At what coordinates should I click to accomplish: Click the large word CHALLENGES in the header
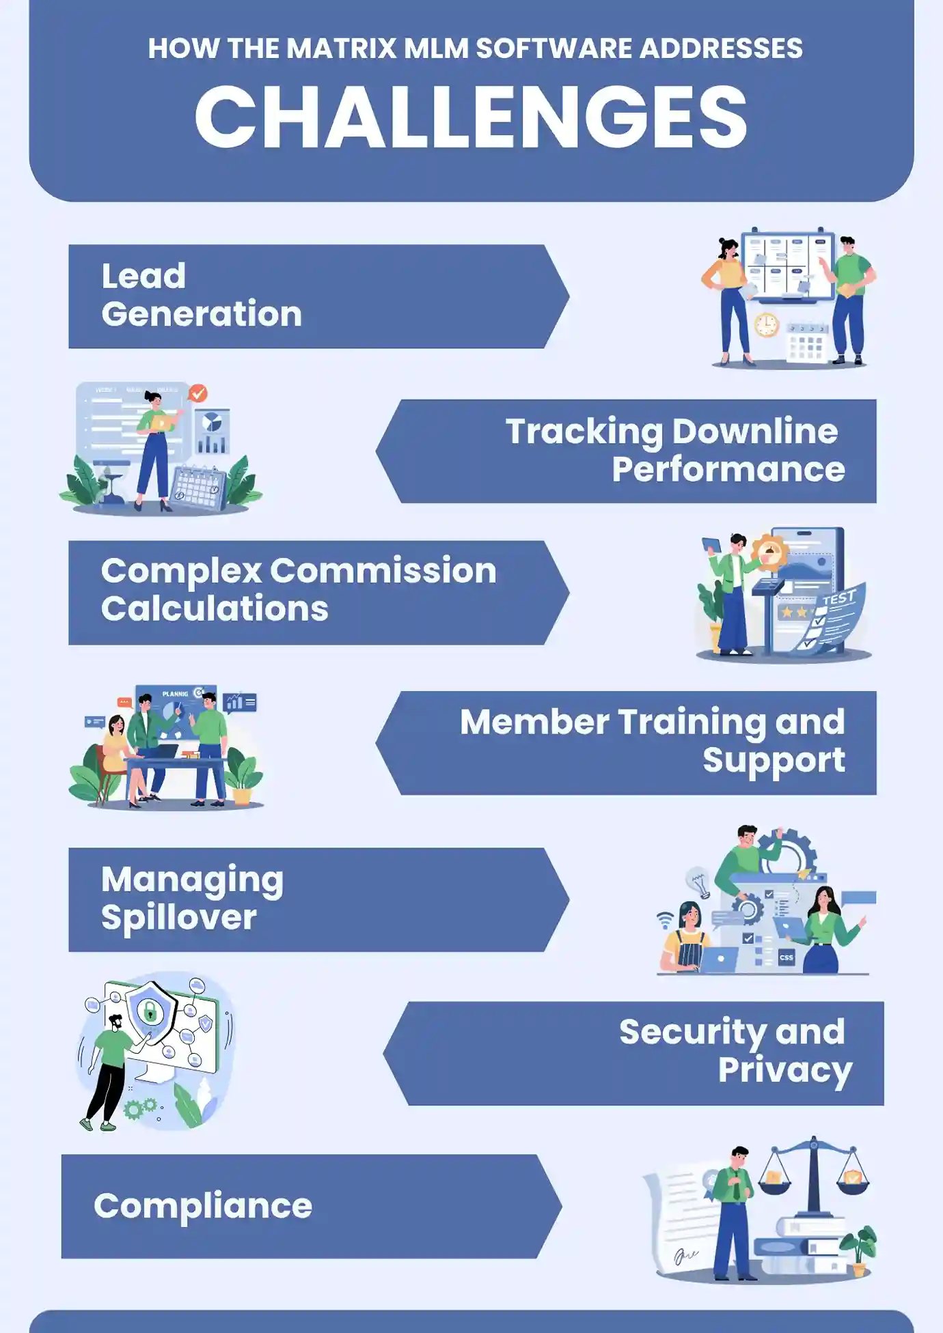click(471, 117)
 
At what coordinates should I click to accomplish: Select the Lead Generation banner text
click(202, 295)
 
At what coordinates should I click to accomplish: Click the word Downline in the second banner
click(754, 432)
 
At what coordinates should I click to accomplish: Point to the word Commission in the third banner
click(383, 571)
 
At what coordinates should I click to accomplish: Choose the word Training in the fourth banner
click(692, 722)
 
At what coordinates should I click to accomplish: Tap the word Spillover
click(179, 917)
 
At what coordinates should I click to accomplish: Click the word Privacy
click(784, 1070)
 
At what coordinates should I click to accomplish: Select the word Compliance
click(203, 1206)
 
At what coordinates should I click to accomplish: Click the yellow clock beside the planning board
click(767, 324)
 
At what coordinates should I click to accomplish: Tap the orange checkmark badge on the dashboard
click(198, 393)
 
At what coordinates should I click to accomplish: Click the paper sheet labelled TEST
click(834, 618)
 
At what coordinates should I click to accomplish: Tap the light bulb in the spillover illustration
click(698, 882)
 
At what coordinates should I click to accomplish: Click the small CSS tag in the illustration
click(786, 957)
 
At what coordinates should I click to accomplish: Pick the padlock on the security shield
click(150, 1011)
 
